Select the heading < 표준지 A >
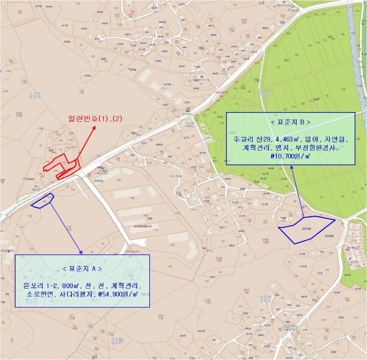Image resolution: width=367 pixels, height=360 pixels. tap(82, 268)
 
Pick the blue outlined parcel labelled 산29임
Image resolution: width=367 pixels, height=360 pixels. tap(305, 229)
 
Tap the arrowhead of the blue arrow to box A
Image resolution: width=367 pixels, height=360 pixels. tap(81, 252)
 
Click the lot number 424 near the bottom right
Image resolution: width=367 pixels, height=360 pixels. tap(341, 317)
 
